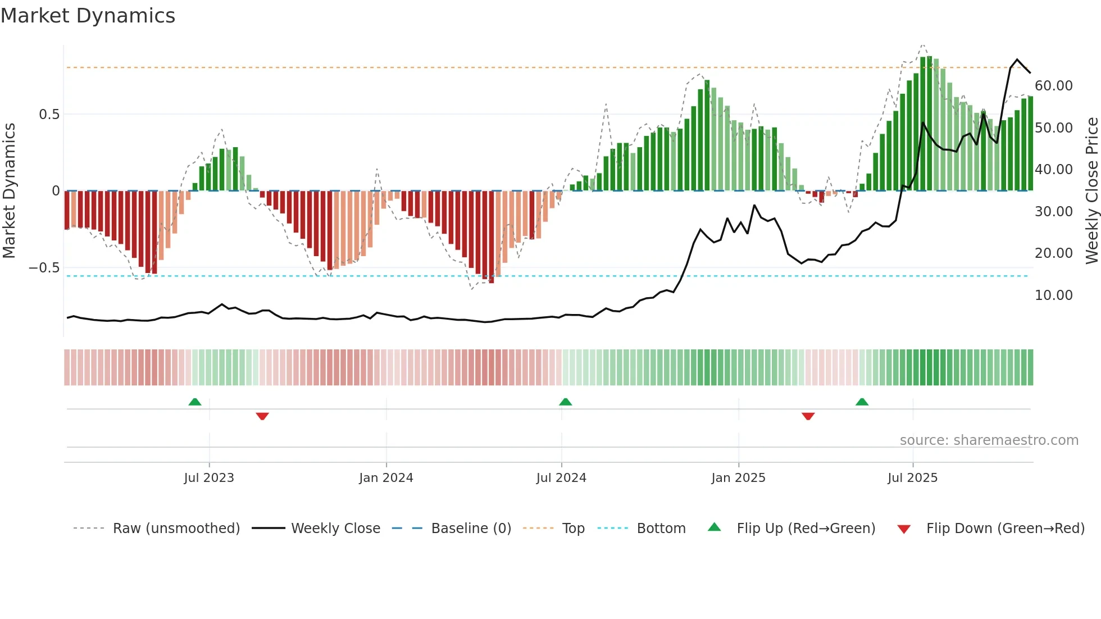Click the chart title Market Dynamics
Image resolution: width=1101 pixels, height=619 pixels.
[88, 16]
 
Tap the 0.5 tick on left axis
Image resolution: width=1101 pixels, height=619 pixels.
[49, 115]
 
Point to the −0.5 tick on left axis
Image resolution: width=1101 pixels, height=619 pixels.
[44, 268]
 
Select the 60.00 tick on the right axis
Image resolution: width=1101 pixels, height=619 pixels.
[1053, 86]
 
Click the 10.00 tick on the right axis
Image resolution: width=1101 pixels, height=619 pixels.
[1053, 295]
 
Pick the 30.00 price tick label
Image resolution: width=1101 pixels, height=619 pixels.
[1053, 212]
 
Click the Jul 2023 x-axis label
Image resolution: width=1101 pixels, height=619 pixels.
[209, 478]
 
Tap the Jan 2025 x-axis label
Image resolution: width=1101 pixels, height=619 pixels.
[738, 478]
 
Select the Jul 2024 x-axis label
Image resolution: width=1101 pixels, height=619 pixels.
[561, 478]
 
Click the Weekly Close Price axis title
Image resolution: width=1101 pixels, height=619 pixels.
[1091, 191]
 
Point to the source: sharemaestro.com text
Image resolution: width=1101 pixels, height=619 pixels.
[989, 440]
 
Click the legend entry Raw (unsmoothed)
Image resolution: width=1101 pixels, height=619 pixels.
[176, 529]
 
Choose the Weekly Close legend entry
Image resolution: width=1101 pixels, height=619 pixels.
[335, 529]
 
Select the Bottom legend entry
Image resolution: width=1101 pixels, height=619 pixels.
[661, 529]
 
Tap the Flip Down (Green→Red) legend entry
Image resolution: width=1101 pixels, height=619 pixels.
[1005, 529]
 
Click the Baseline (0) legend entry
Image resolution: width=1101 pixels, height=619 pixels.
[471, 529]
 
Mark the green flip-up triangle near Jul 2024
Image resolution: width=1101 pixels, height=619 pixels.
[566, 402]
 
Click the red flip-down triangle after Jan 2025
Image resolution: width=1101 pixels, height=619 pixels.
[808, 416]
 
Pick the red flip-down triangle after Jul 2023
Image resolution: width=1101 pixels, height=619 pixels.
[262, 416]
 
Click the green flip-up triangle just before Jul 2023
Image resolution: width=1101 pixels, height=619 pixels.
[195, 402]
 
